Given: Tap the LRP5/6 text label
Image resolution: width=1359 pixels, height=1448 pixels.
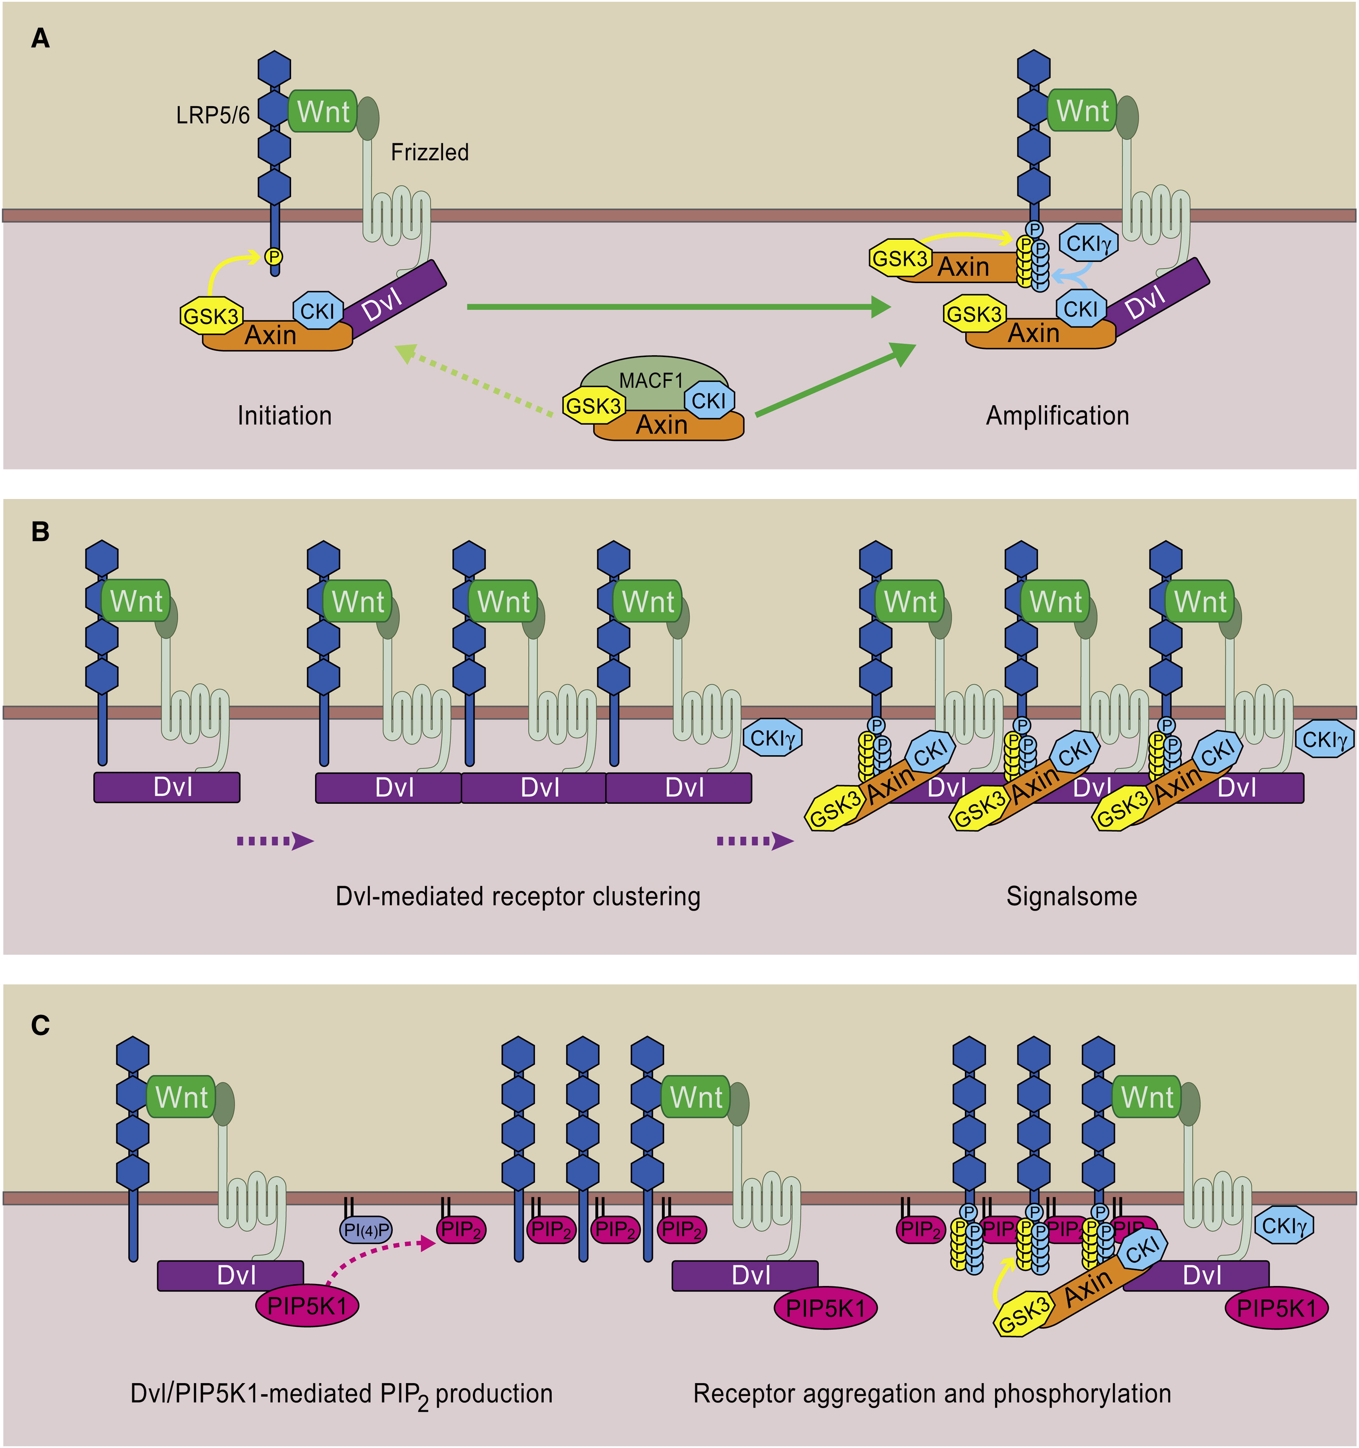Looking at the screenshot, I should click(213, 115).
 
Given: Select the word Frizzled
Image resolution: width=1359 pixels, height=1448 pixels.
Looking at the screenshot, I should click(430, 152).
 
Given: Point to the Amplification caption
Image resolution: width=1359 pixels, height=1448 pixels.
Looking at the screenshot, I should click(1057, 416).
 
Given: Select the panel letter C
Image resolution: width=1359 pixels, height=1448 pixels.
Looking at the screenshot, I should click(41, 1026).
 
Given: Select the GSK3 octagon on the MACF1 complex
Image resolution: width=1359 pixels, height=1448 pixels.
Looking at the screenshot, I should click(594, 406).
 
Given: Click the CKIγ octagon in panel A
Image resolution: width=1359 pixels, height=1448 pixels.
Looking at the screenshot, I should click(1088, 243).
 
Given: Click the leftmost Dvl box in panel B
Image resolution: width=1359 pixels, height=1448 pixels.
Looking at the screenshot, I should click(167, 787).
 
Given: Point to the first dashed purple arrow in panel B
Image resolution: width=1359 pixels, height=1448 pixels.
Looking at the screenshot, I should click(275, 841).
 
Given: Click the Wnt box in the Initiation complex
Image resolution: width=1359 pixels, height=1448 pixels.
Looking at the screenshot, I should click(323, 111).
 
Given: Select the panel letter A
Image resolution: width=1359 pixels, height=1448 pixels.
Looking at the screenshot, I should click(41, 38).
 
